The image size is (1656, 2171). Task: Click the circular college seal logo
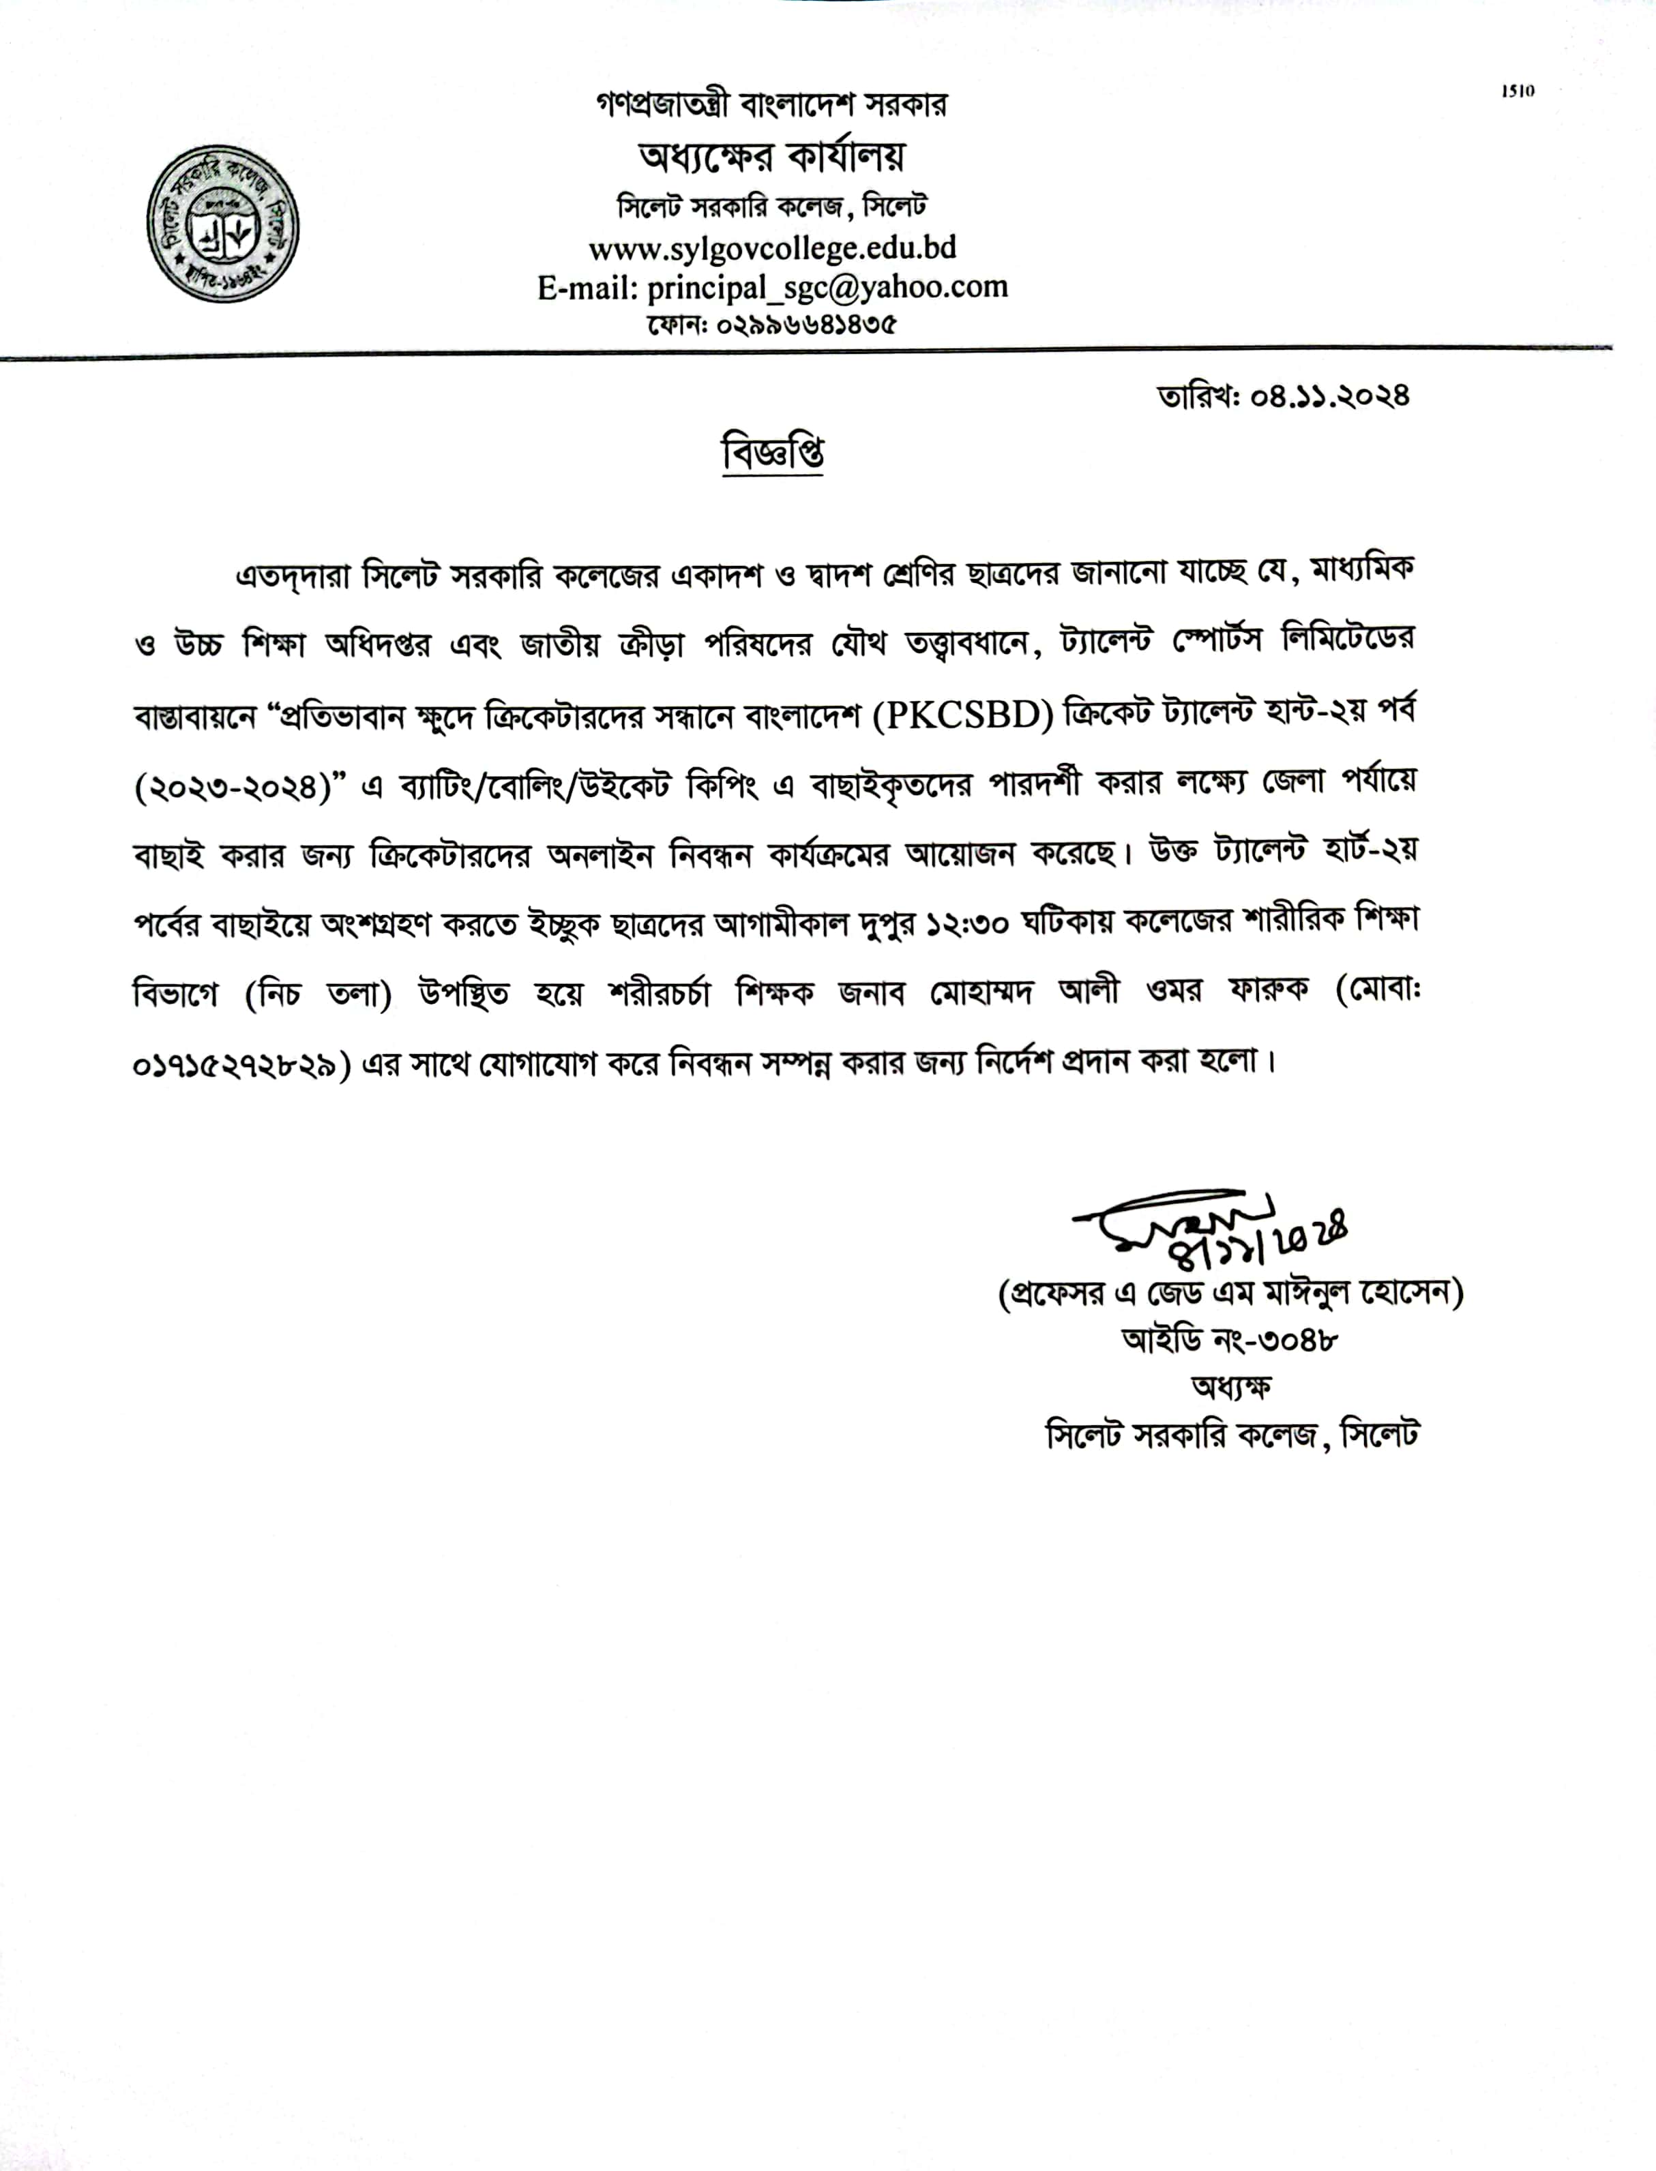(223, 228)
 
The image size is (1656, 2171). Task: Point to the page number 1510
(1518, 91)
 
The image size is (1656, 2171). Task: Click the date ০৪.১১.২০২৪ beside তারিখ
(1330, 396)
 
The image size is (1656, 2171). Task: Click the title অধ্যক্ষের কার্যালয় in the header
(772, 155)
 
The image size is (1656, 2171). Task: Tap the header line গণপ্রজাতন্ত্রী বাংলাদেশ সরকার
(772, 104)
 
